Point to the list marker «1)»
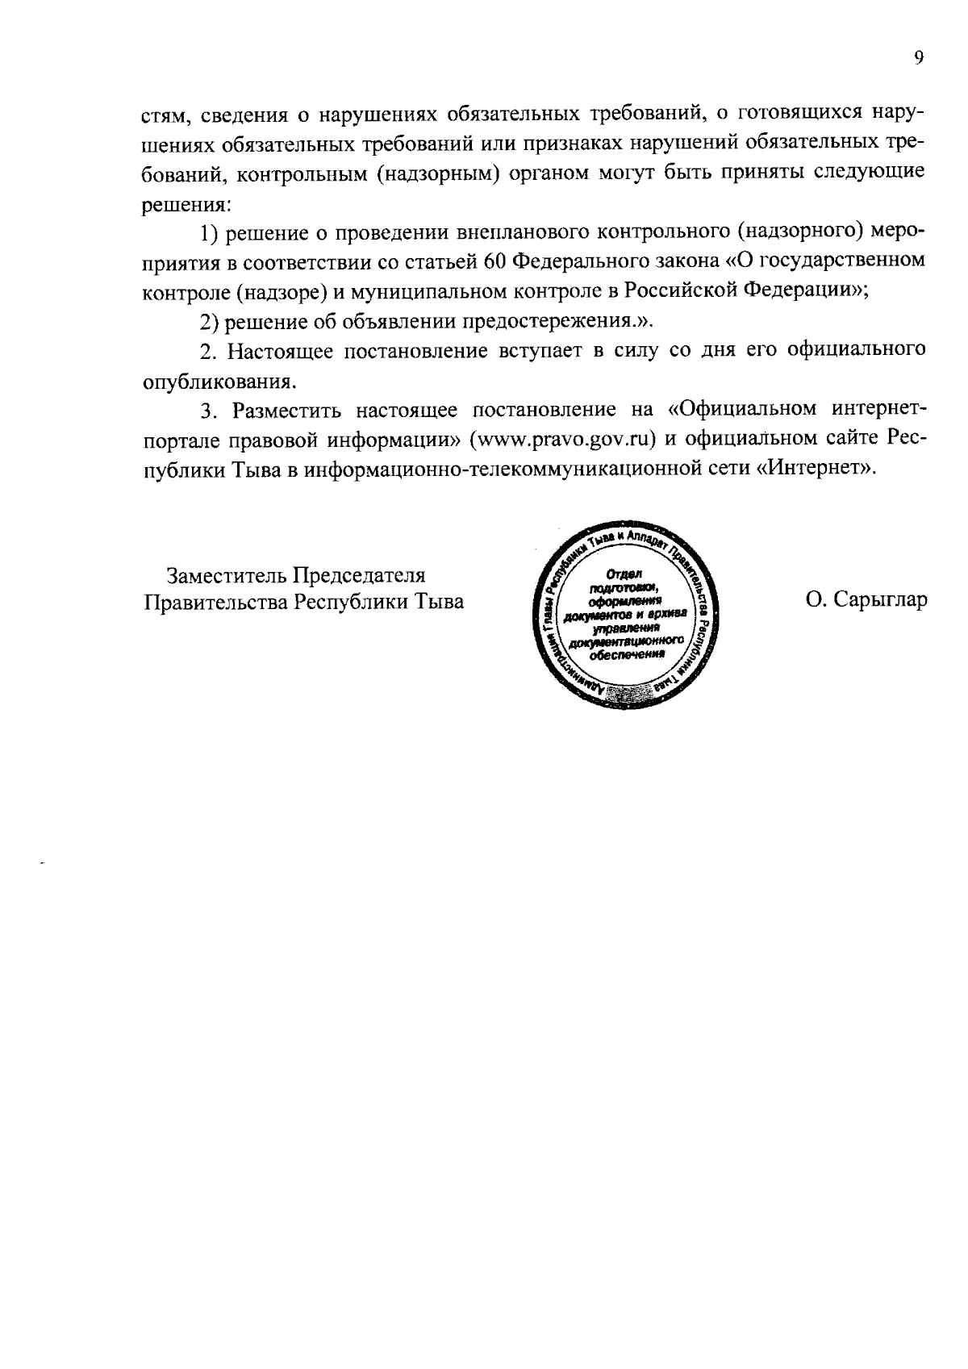click(x=210, y=233)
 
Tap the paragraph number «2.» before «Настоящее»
click(x=207, y=352)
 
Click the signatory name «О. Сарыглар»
click(x=865, y=601)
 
